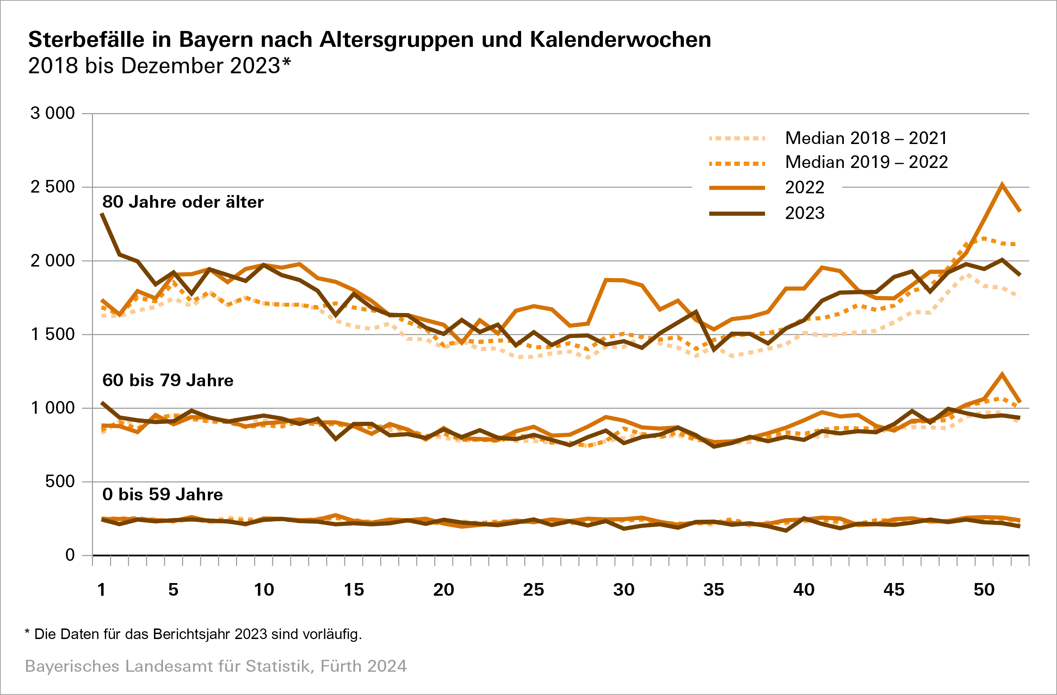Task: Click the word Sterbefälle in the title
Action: pyautogui.click(x=86, y=39)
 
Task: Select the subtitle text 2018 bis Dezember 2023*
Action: pyautogui.click(x=159, y=66)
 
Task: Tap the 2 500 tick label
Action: pyautogui.click(x=52, y=187)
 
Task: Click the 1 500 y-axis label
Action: pyautogui.click(x=52, y=334)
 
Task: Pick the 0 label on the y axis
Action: pyautogui.click(x=70, y=555)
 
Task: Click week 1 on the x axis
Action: pyautogui.click(x=102, y=590)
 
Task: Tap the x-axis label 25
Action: pyautogui.click(x=533, y=590)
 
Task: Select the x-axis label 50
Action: pyautogui.click(x=984, y=590)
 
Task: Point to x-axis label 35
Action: pyautogui.click(x=714, y=590)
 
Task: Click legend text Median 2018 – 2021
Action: pyautogui.click(x=866, y=138)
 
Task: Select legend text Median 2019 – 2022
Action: pyautogui.click(x=866, y=162)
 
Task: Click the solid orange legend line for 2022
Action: pyautogui.click(x=737, y=188)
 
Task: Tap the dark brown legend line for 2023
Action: pyautogui.click(x=737, y=213)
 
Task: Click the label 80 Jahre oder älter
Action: pyautogui.click(x=183, y=202)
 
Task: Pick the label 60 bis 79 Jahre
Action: pyautogui.click(x=167, y=380)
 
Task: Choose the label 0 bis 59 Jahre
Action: pyautogui.click(x=162, y=494)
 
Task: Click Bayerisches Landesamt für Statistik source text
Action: pyautogui.click(x=215, y=666)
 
